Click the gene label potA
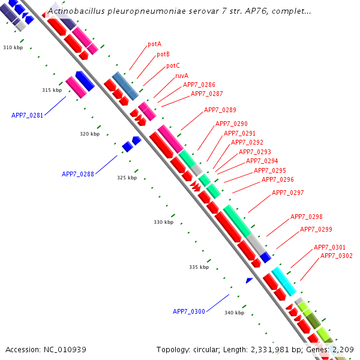(154, 44)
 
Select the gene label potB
(163, 55)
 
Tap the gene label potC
(173, 65)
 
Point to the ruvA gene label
(181, 76)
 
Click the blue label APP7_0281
(27, 115)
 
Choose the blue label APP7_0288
(78, 174)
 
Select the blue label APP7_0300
(189, 311)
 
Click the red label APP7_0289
(220, 110)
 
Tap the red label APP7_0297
(288, 193)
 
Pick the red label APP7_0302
(337, 256)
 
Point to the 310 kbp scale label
(13, 47)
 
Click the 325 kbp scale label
(127, 178)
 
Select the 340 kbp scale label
(234, 313)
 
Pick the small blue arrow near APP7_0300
(249, 280)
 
